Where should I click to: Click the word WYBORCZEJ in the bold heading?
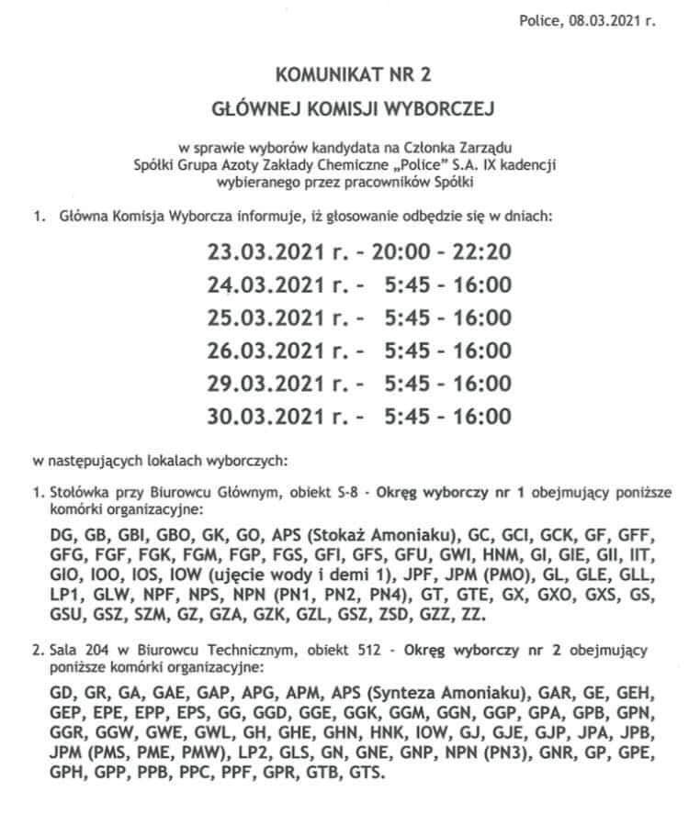(x=440, y=111)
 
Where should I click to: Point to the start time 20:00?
(x=413, y=251)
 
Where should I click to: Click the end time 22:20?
(x=483, y=251)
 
